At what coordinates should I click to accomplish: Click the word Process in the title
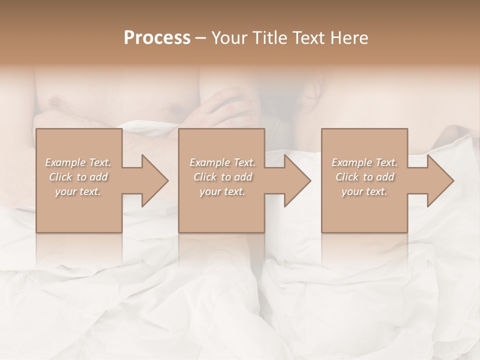coord(157,38)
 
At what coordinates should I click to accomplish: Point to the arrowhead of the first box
coord(155,180)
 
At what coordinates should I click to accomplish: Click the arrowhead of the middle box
coord(297,180)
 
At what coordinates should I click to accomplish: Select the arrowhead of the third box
coord(440,180)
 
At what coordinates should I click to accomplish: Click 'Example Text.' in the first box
coord(78,162)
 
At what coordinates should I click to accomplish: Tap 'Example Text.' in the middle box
coord(222,162)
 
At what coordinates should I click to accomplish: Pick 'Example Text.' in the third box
coord(364,162)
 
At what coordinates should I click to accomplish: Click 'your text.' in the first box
coord(78,192)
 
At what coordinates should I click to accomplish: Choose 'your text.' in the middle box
coord(222,192)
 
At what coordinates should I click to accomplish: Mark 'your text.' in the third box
coord(364,192)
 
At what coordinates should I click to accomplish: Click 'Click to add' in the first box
coord(78,177)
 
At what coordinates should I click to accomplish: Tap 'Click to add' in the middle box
coord(222,177)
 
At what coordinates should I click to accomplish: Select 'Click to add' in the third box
coord(364,177)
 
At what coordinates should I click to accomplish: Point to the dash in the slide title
coord(200,38)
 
